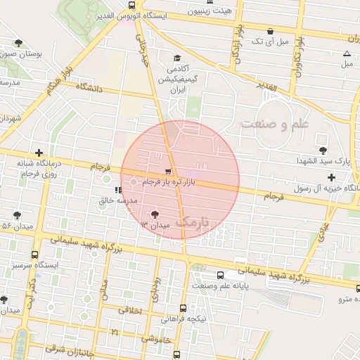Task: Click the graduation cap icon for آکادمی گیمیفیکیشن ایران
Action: [x=177, y=58]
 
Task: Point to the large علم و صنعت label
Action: [x=275, y=124]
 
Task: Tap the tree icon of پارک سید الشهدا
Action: [x=323, y=150]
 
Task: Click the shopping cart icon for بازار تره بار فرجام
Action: [x=167, y=171]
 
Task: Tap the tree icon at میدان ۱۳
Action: [x=155, y=213]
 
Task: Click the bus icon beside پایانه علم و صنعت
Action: [x=221, y=275]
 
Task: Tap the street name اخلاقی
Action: [x=130, y=309]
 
